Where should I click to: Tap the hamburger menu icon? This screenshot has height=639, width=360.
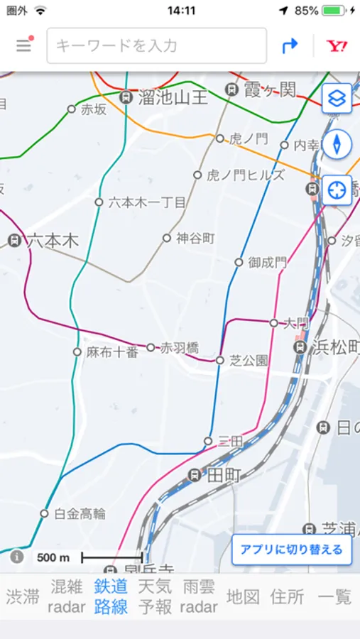click(x=24, y=45)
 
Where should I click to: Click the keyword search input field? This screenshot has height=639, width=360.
click(x=156, y=46)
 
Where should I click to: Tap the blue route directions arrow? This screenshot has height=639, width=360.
click(x=290, y=46)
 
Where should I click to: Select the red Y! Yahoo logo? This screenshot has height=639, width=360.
click(x=337, y=46)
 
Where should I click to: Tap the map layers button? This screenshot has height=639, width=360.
click(x=337, y=99)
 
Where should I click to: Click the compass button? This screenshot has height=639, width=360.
click(x=337, y=144)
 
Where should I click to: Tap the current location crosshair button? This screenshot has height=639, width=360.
click(x=337, y=190)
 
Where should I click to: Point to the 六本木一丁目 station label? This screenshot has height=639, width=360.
click(x=146, y=202)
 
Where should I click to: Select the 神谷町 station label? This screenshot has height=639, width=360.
click(x=195, y=239)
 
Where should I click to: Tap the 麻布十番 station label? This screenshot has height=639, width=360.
click(x=111, y=351)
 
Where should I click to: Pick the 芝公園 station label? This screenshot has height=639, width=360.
click(x=249, y=361)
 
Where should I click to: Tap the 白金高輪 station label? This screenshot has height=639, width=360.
click(x=80, y=513)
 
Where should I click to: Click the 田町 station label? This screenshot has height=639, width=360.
click(x=223, y=476)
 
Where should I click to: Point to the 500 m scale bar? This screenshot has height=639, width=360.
click(x=111, y=557)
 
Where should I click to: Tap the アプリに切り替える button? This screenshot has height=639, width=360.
click(x=291, y=550)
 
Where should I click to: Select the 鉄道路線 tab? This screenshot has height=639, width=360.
click(x=111, y=596)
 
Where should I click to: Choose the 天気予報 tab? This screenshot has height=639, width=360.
click(x=155, y=596)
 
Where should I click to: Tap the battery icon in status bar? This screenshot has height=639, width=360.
click(x=334, y=11)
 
